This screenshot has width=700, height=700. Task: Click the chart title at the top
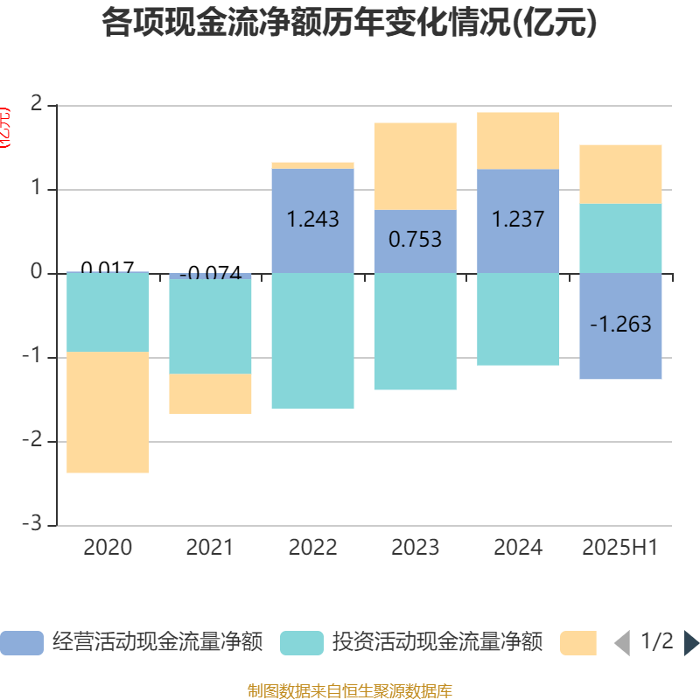coord(349,24)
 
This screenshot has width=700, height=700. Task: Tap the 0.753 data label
coord(415,240)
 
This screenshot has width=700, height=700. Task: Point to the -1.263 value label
coord(620,325)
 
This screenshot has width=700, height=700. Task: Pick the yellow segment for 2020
coord(108,412)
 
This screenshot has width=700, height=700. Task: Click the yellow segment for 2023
coord(415,166)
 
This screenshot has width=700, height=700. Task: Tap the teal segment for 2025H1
coord(620,238)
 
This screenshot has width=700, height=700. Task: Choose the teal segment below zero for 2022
coord(312,341)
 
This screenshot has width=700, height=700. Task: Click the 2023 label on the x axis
coord(415,548)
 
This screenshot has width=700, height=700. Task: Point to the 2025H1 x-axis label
coord(620,548)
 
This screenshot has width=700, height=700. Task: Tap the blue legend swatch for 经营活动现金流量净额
coord(21,643)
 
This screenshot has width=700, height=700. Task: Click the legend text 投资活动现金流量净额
coord(437,643)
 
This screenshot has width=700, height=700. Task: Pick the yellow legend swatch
coord(578,643)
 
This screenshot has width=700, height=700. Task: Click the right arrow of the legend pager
coord(691,643)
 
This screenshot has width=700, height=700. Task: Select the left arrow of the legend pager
coord(622,643)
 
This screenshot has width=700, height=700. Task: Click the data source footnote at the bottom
coord(349,691)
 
